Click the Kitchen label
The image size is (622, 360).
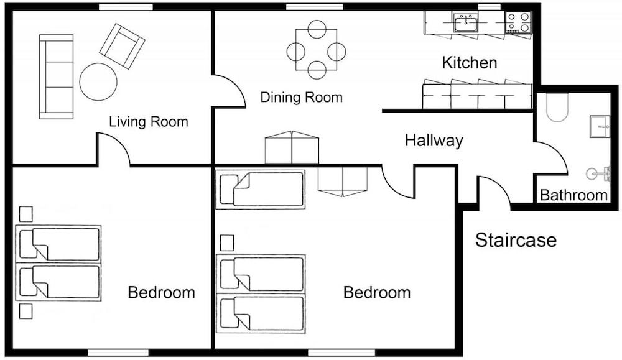[469, 63]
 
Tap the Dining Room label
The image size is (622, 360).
[302, 97]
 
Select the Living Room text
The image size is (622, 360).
[149, 122]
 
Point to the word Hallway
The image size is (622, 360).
[434, 141]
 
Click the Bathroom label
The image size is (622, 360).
[573, 195]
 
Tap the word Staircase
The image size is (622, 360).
[516, 240]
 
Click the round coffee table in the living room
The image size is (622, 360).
[98, 81]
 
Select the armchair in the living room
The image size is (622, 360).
[122, 46]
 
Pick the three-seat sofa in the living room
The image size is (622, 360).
[57, 76]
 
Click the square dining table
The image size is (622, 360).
[316, 50]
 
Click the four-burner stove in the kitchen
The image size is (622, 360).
[518, 22]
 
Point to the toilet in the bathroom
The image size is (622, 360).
[557, 107]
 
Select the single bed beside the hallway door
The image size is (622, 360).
[260, 189]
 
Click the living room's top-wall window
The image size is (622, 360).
[126, 7]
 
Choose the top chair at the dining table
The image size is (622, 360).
[317, 29]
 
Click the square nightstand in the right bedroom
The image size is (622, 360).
[227, 242]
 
